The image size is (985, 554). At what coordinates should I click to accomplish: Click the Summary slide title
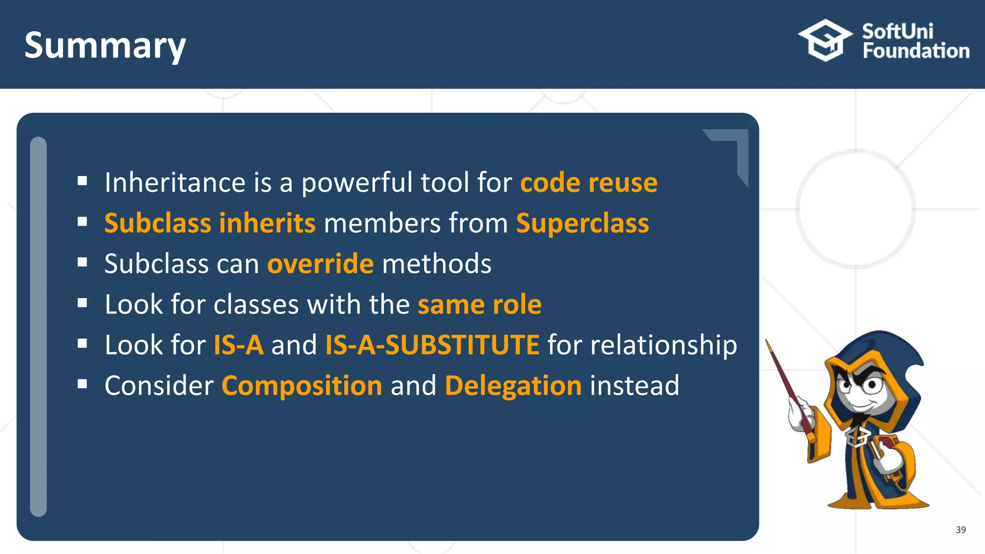point(105,46)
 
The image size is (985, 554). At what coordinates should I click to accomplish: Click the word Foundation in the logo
point(916,51)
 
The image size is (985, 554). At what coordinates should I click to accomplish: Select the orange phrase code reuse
point(589,183)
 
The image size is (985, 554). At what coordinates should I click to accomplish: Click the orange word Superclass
point(582,224)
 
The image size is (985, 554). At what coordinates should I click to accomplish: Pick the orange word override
point(320,264)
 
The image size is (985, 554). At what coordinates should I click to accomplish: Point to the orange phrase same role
point(480,305)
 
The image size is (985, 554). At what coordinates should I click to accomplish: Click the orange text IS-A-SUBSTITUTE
point(432,345)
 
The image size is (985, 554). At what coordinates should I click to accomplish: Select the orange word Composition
point(302,386)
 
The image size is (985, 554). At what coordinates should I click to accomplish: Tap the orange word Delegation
point(513,386)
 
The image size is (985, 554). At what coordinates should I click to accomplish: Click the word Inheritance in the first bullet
point(175,183)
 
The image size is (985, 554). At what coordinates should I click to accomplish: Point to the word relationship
point(663,345)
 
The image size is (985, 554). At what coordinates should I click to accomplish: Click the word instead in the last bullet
point(634,386)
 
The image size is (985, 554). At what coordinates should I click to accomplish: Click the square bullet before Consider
point(82,384)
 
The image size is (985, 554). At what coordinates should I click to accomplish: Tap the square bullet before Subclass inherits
point(82,222)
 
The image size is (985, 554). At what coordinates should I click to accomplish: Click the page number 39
point(960,529)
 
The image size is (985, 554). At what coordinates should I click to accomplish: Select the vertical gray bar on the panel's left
point(38,327)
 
